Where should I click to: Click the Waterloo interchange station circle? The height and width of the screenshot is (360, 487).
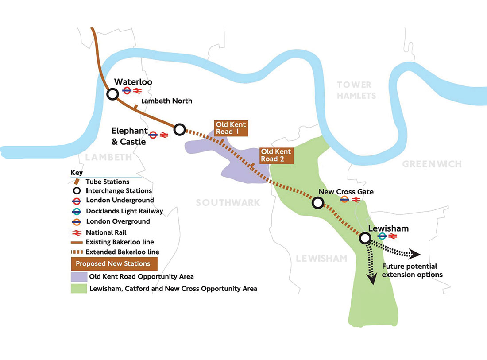pos(113,94)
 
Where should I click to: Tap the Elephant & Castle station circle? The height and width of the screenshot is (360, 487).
pos(179,129)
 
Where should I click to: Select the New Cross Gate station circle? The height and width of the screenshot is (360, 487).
pos(317,203)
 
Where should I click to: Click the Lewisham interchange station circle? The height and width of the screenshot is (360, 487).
pos(365,238)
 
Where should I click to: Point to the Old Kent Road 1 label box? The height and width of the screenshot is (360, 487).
pos(231,128)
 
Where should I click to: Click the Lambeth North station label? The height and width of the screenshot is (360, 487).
pos(166,101)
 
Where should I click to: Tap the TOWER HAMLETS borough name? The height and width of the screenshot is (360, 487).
pos(356,90)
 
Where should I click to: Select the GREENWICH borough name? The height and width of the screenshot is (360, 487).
pos(432,164)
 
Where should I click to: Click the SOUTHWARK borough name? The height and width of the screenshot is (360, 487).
pos(228,203)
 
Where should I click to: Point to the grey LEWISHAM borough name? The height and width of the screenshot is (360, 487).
pos(321,259)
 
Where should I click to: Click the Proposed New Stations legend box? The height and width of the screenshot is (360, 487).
pos(113,263)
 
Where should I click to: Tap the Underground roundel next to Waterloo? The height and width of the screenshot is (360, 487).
pos(127,91)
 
